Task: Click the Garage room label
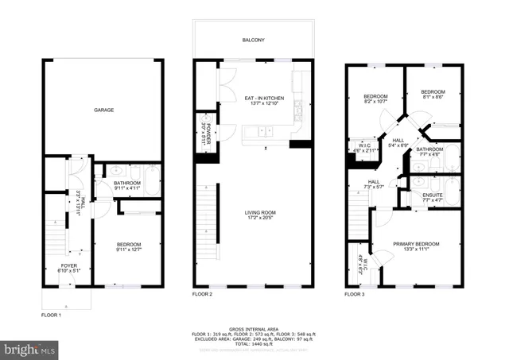[103, 110]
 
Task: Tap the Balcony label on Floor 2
[254, 39]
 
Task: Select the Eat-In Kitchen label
[262, 99]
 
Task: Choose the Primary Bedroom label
[416, 244]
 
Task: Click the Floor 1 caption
[51, 315]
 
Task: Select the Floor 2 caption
[202, 293]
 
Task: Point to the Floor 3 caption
[355, 293]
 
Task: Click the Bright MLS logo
[30, 349]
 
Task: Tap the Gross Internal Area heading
[254, 328]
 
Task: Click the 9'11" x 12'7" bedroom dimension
[128, 250]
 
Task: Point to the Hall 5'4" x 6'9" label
[398, 143]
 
